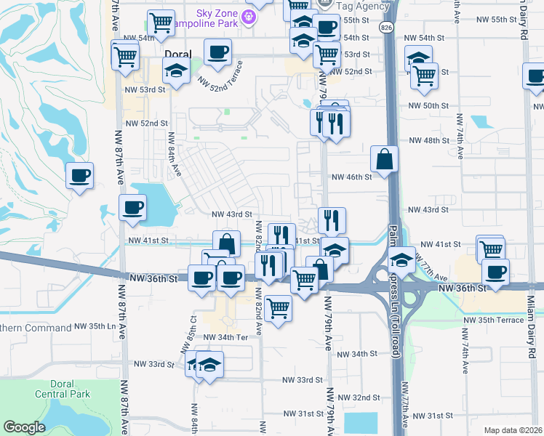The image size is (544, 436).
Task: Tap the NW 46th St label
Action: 352,177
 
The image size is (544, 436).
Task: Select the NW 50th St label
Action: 428,106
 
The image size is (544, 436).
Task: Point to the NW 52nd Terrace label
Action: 225,76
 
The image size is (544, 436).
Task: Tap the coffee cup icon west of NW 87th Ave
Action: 79,175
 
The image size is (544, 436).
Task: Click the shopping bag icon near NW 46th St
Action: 384,158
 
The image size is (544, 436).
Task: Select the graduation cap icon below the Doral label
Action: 175,71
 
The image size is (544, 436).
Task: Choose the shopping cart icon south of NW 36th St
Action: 278,310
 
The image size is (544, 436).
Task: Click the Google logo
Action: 24,427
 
